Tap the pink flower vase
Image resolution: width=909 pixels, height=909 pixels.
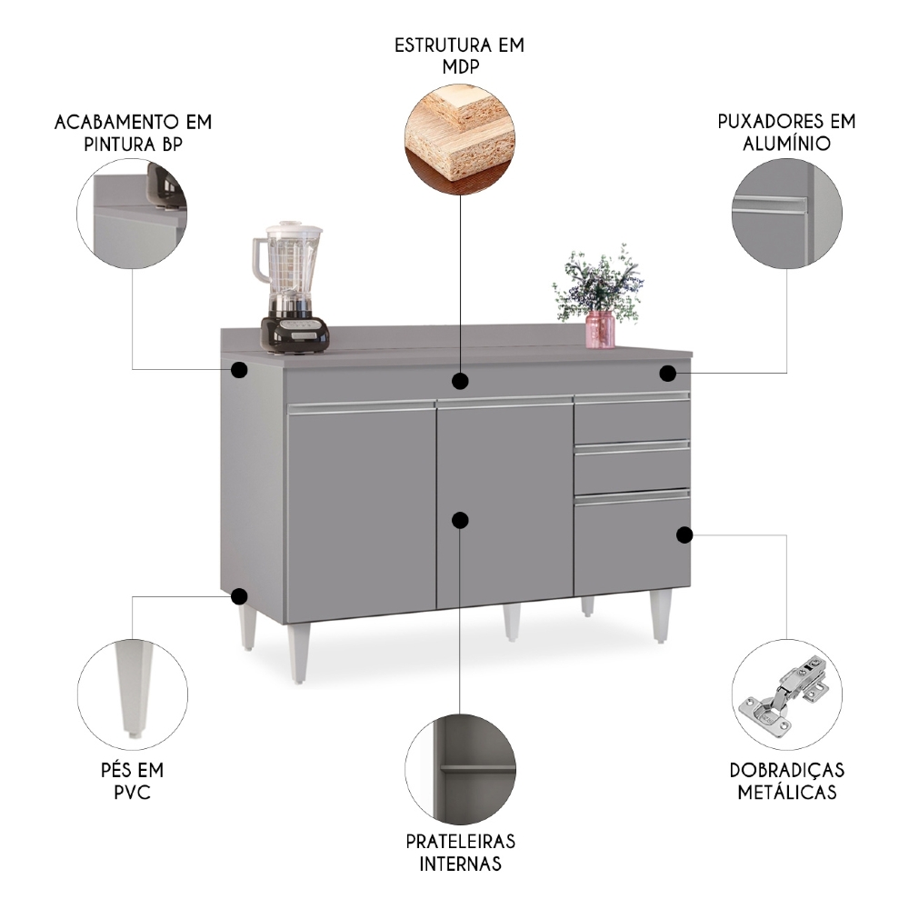[x=600, y=329]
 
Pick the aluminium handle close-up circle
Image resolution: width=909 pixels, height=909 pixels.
[x=786, y=215]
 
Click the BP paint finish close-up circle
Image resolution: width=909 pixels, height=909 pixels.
[x=133, y=215]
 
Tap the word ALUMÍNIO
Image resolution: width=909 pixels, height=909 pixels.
[x=786, y=143]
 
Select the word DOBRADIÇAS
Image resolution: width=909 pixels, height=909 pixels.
[x=787, y=770]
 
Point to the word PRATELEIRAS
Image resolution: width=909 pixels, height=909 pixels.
[x=460, y=841]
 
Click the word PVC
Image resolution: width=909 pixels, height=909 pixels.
[x=133, y=793]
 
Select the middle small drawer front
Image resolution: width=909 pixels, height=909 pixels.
[x=631, y=467]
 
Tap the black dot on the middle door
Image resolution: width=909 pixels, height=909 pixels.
[x=460, y=520]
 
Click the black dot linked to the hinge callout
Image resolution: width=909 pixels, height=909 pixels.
[x=684, y=534]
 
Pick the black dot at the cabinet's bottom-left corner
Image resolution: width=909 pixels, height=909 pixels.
[x=239, y=596]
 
